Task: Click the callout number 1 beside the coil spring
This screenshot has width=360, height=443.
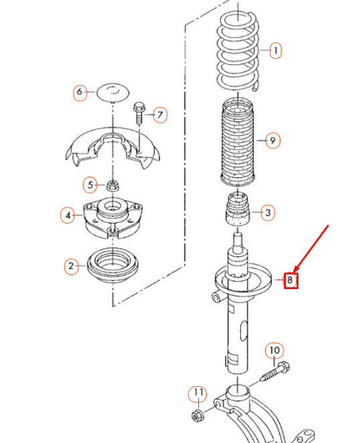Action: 276,51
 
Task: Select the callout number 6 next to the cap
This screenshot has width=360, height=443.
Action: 80,92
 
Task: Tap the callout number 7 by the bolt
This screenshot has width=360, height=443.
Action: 160,114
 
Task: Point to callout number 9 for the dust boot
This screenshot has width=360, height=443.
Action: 273,141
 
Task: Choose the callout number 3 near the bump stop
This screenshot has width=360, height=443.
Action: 268,212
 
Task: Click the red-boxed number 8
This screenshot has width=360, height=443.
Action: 291,280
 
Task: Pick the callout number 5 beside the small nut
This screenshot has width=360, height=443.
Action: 90,185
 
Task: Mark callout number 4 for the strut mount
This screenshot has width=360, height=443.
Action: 68,215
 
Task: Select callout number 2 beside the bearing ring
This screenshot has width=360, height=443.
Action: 71,266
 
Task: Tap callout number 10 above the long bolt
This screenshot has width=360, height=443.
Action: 274,351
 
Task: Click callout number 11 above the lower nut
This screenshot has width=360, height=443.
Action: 198,393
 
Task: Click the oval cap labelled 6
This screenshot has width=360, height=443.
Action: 112,92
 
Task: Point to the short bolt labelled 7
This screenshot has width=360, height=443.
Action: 139,112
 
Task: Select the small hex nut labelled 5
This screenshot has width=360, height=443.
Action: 113,186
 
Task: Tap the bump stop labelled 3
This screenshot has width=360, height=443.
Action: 238,209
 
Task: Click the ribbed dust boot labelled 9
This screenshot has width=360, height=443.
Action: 238,142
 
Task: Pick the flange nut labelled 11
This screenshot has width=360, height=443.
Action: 197,416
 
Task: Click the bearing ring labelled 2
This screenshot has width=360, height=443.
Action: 112,266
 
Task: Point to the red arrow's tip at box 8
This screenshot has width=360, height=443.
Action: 294,272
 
